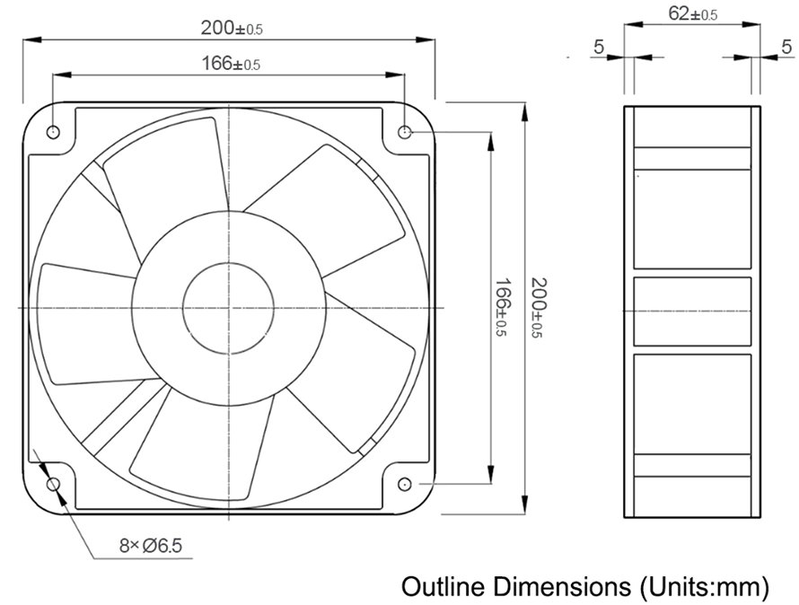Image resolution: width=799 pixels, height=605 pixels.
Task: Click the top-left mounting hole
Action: tap(53, 132)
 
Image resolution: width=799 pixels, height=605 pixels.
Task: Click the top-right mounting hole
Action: tap(405, 132)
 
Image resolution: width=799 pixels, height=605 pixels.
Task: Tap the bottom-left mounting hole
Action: tap(53, 484)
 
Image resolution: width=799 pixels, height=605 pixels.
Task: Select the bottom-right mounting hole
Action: tap(405, 484)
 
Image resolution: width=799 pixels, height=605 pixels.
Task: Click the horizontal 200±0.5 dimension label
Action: tap(232, 28)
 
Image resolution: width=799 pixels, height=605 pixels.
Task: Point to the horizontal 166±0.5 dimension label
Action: tap(231, 64)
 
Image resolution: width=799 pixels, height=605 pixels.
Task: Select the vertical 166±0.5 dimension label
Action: tap(502, 307)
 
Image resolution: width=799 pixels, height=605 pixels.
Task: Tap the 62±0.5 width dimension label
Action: tap(692, 13)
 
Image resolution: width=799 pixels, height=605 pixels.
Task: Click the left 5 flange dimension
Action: tap(599, 47)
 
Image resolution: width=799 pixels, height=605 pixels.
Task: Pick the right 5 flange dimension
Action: tap(786, 47)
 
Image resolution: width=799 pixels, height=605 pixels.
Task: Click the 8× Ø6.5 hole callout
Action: tap(150, 546)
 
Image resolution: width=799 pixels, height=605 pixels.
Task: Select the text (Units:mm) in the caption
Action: tap(704, 588)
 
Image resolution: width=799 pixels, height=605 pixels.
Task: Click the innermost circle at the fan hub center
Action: tap(228, 308)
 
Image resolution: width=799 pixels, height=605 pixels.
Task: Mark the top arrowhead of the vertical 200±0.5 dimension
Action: tap(524, 112)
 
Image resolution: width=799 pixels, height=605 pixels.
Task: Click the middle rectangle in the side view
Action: tap(692, 311)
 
